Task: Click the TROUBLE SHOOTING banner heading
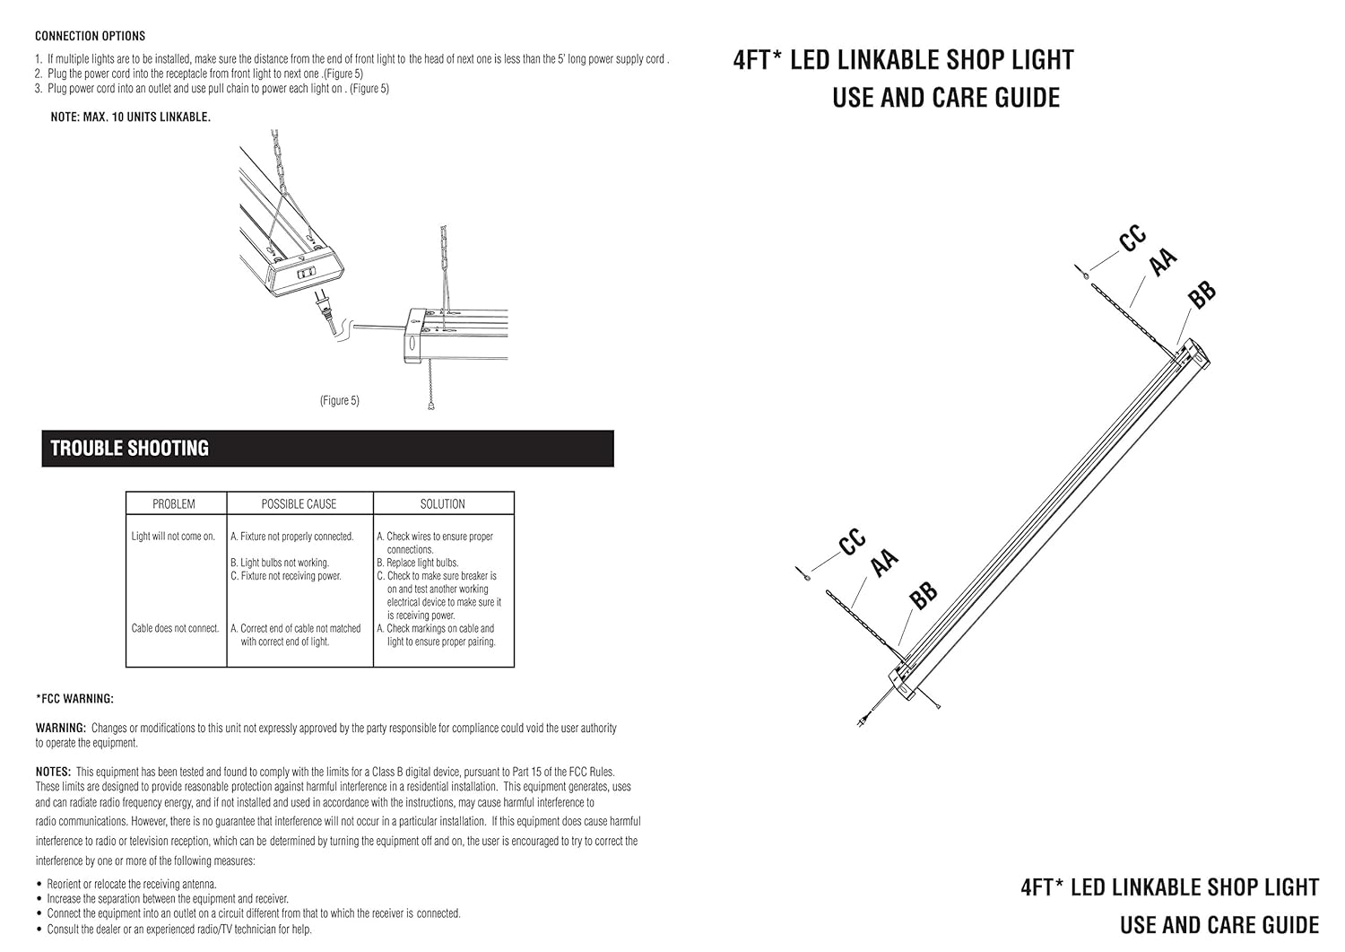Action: pyautogui.click(x=130, y=449)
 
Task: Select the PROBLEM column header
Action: pyautogui.click(x=174, y=504)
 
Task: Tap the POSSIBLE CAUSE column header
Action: pyautogui.click(x=299, y=504)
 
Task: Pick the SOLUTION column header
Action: pyautogui.click(x=443, y=504)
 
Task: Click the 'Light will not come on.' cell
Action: pyautogui.click(x=173, y=537)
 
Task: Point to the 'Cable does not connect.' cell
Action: pyautogui.click(x=175, y=628)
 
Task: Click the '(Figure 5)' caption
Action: pyautogui.click(x=340, y=400)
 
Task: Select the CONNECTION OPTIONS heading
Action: pyautogui.click(x=90, y=36)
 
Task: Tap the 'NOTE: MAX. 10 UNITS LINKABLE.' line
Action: pyautogui.click(x=131, y=118)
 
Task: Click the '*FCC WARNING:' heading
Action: pyautogui.click(x=74, y=699)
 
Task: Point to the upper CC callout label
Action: pyautogui.click(x=1132, y=239)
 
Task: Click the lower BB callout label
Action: pyautogui.click(x=923, y=594)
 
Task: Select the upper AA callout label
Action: pyautogui.click(x=1162, y=262)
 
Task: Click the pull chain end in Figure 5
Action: pyautogui.click(x=432, y=406)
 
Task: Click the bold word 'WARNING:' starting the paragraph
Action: pyautogui.click(x=61, y=729)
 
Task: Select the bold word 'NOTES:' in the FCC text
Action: pyautogui.click(x=53, y=772)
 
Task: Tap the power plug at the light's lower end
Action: pyautogui.click(x=863, y=720)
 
